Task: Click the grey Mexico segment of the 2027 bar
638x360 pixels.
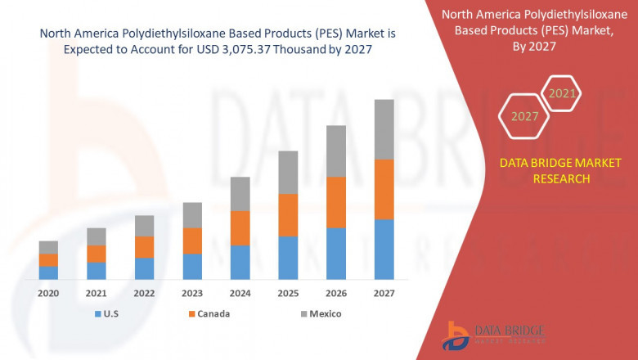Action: pos(384,129)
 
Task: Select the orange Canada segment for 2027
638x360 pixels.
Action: pos(384,189)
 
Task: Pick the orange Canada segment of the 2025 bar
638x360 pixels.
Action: pos(288,215)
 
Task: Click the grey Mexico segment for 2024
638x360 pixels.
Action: pos(240,194)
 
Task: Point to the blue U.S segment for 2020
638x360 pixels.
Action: pos(48,272)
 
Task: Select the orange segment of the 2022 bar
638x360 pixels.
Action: pos(144,247)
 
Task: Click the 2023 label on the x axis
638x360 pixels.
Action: pos(192,293)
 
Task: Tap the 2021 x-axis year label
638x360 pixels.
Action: pos(97,293)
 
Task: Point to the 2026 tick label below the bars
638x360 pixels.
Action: pos(336,293)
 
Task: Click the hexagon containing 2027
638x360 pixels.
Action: pos(524,116)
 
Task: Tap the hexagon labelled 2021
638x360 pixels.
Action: pos(562,93)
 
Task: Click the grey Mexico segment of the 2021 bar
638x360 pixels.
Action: pos(97,236)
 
